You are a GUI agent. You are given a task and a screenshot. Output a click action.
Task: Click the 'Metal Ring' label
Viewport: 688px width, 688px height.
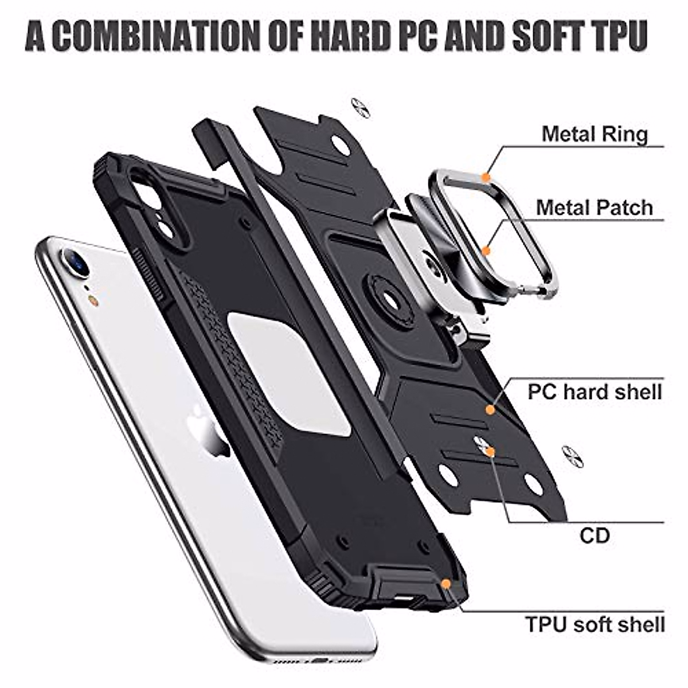(x=595, y=134)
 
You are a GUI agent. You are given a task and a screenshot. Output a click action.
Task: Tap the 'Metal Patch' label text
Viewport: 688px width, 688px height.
(x=595, y=207)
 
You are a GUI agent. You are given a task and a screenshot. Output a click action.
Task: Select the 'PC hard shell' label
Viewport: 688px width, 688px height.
(x=595, y=392)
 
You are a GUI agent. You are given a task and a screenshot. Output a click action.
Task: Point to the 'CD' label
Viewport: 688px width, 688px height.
(x=595, y=536)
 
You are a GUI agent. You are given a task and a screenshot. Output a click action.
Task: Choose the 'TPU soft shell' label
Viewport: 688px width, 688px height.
(x=595, y=624)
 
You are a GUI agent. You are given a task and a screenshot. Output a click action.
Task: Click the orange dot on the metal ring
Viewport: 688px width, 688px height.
(x=486, y=178)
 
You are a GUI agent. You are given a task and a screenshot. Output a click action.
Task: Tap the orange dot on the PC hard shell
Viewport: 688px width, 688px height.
(x=490, y=410)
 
